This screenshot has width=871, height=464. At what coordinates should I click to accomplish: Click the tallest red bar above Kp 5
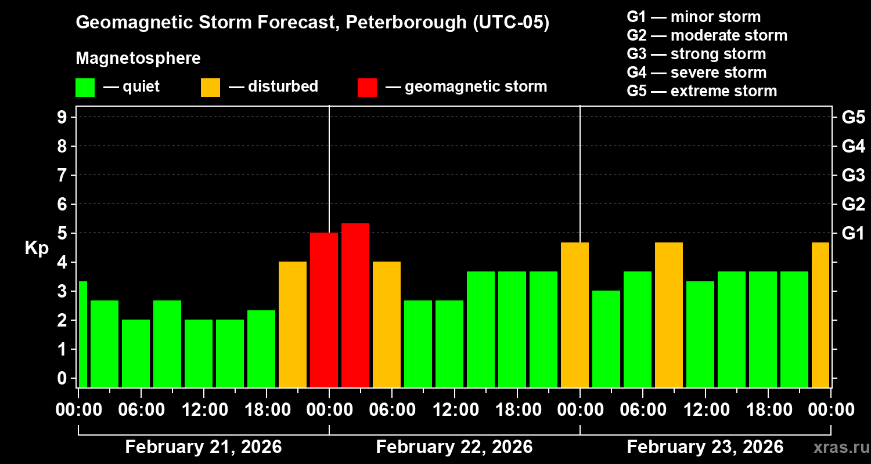coord(355,304)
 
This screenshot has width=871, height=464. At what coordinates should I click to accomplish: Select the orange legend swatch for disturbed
coord(210,88)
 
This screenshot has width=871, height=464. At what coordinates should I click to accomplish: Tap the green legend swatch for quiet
coord(85,88)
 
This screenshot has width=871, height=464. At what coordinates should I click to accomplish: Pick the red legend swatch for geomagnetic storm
coord(367,88)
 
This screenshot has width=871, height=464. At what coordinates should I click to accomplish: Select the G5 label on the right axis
coord(853,117)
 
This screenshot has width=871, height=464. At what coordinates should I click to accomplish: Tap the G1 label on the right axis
coord(853,233)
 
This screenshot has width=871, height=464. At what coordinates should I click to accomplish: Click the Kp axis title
coord(36,248)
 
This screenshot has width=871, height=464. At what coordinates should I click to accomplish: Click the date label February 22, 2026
coord(454,447)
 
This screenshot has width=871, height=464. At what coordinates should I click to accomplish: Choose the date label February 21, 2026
coord(203,447)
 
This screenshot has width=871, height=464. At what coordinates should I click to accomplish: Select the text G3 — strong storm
coord(696,54)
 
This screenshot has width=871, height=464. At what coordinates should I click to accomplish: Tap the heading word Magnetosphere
coord(138,59)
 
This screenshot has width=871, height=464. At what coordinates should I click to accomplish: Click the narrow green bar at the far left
coord(82,333)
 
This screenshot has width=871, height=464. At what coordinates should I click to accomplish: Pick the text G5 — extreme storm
coord(701,91)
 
